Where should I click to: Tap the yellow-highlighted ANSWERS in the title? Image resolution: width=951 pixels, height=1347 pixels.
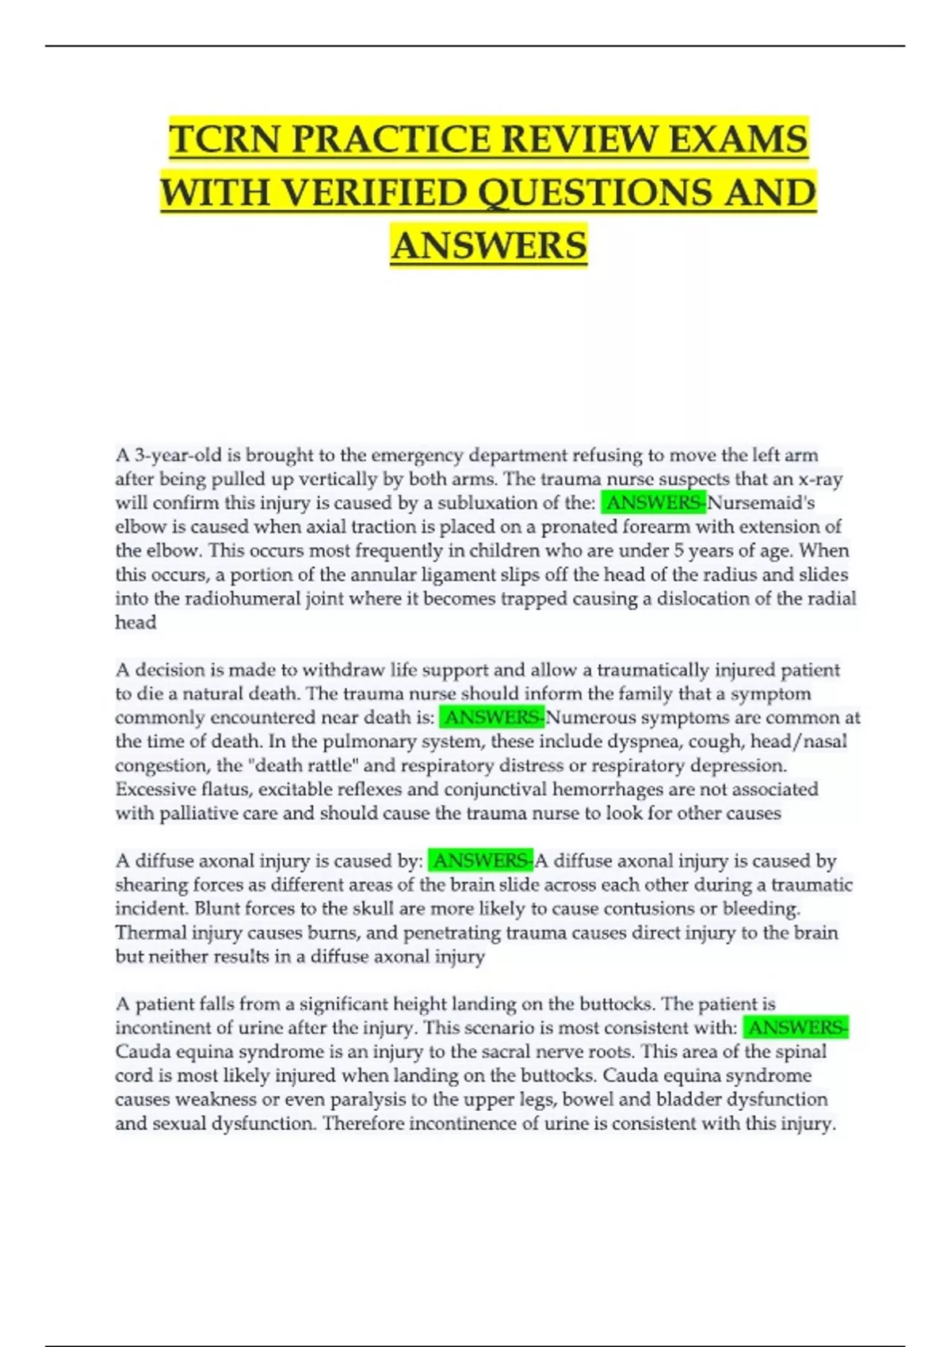pos(488,245)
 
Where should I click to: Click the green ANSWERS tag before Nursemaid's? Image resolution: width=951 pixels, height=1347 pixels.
pos(654,502)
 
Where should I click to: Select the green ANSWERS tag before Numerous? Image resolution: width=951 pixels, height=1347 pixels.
pos(492,717)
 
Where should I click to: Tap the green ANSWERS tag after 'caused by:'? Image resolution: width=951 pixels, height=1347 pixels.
pos(481,860)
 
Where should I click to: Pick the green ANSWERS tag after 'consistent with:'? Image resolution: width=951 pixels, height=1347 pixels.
pos(796,1028)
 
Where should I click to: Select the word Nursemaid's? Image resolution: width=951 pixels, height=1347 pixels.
pos(761,502)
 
